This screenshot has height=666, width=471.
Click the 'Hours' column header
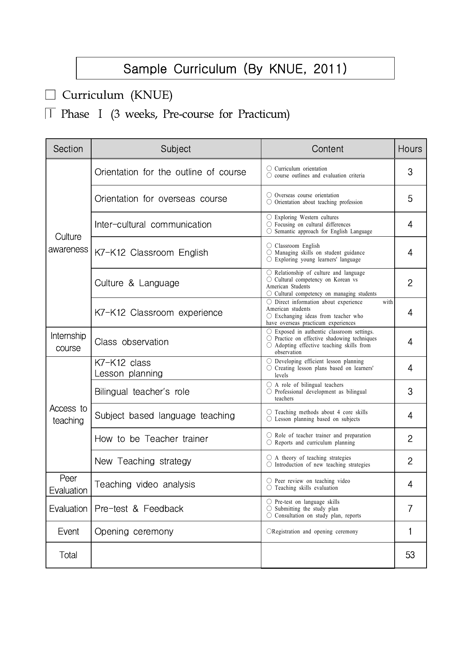pos(410,149)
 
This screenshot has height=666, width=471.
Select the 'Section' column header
pos(68,149)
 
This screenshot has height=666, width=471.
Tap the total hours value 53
pos(410,555)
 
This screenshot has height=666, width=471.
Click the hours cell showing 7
pos(410,509)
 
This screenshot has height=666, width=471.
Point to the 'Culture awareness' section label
pos(68,243)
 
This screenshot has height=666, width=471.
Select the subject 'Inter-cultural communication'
pos(153,225)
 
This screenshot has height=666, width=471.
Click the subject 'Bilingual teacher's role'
pos(142,392)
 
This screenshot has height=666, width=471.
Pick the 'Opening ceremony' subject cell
pos(134,532)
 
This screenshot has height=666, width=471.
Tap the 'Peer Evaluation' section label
pos(68,484)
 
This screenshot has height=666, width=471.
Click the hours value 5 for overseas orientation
pos(410,199)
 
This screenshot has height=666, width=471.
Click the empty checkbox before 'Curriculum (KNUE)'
pos(50,95)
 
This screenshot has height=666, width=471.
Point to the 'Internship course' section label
pos(68,342)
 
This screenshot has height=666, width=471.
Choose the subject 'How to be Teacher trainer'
pos(151,439)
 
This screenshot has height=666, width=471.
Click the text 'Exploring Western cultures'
pos(306,217)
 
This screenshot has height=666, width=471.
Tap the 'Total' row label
pos(68,555)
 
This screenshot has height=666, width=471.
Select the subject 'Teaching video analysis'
pos(145,484)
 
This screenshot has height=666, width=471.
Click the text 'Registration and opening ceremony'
pos(315,532)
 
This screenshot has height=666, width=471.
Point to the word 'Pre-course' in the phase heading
pos(188,114)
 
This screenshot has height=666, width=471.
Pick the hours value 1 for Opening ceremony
pos(410,532)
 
